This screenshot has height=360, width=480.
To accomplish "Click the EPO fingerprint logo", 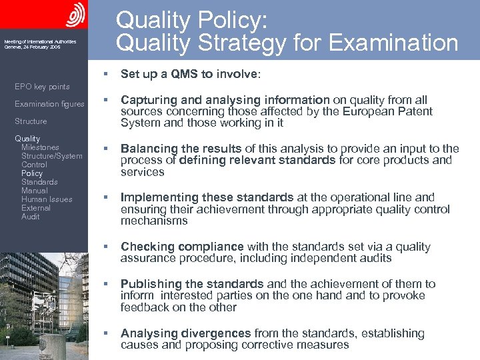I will pos(76,14).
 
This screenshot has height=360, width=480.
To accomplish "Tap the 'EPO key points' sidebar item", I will pos(42,87).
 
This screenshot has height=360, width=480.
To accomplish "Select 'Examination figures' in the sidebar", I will pos(49,104).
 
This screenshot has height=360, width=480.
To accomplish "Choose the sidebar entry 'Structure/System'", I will pos(52,156).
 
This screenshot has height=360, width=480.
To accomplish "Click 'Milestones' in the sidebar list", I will pos(40,147).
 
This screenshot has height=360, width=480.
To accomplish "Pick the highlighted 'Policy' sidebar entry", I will pos(32,173).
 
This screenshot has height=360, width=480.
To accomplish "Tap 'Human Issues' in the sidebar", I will pos(47,199).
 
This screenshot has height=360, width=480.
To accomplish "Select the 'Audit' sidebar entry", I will pos(31,217).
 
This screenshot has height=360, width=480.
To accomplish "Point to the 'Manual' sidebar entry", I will pos(35,191).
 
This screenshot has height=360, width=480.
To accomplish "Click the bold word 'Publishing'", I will pos(151,284).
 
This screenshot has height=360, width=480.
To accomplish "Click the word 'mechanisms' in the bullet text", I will pos(154,221).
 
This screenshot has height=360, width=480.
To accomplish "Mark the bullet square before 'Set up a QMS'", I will pos(105,74).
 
